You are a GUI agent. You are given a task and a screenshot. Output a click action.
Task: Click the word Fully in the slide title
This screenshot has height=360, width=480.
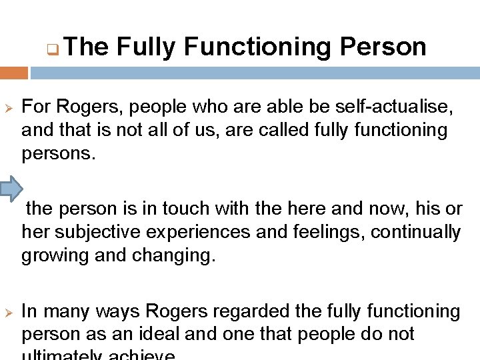tap(147, 47)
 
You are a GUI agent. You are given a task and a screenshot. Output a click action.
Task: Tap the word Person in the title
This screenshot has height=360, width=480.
tap(383, 47)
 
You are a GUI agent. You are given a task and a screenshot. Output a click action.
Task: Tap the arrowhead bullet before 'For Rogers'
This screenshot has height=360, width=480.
tap(9, 107)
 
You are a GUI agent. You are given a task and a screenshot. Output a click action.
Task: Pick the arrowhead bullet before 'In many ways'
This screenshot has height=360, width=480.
tap(9, 311)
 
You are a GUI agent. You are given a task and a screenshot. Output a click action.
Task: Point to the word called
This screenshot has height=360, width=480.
tap(261, 129)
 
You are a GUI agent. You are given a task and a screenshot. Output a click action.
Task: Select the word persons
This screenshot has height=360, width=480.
tap(59, 153)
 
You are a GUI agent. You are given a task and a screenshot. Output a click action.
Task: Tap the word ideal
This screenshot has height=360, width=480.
tap(178, 334)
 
